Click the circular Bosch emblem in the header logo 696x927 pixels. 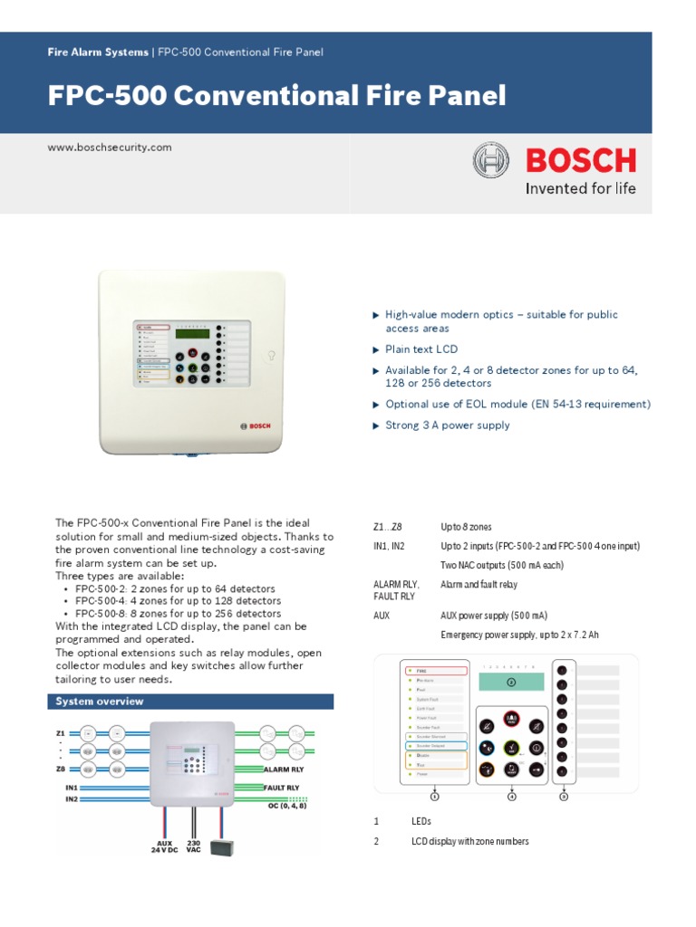(x=490, y=161)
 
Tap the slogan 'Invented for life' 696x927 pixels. (x=581, y=189)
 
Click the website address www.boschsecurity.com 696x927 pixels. (x=109, y=147)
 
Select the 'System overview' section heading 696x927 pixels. (x=100, y=702)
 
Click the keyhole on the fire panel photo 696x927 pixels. (x=270, y=356)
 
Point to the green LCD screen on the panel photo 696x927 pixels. (x=192, y=334)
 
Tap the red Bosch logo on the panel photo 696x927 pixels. (x=255, y=425)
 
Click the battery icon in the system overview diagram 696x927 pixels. (x=221, y=847)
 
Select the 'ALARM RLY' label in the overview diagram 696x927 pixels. (x=282, y=769)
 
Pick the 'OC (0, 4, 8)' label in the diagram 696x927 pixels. (x=289, y=807)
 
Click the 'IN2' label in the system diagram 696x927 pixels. (x=72, y=800)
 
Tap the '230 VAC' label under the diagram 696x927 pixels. (x=193, y=847)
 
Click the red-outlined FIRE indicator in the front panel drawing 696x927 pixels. (x=434, y=672)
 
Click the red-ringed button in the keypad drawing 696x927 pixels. (x=510, y=720)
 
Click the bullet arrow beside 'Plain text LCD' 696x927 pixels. (x=376, y=349)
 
